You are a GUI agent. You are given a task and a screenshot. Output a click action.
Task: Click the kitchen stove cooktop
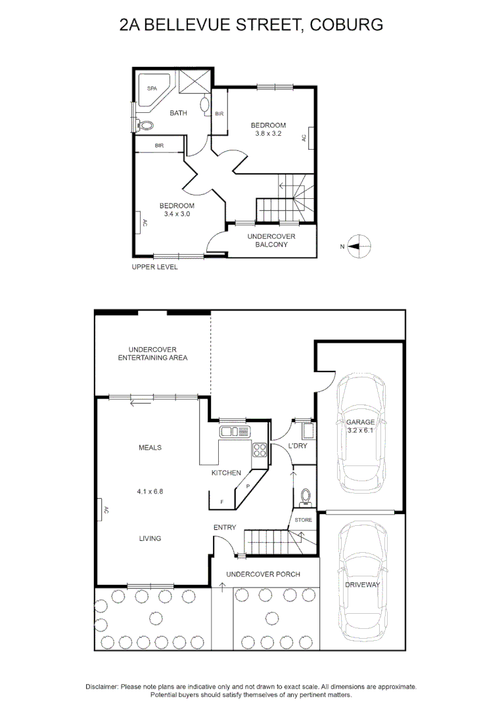tap(260, 450)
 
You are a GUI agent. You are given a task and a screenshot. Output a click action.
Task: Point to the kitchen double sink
tap(235, 431)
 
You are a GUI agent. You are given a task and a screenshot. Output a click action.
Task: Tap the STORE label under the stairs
tap(303, 520)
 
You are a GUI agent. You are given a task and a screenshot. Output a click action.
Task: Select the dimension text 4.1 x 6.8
tap(150, 491)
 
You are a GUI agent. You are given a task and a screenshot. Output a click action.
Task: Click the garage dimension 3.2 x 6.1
tap(361, 431)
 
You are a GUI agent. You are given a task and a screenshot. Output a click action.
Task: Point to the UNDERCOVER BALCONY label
tap(271, 240)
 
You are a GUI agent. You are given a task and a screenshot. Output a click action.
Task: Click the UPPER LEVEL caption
tap(154, 267)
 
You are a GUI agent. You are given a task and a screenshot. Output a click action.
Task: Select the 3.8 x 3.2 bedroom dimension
tap(269, 134)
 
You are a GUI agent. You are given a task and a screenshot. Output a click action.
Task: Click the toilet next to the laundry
tap(305, 498)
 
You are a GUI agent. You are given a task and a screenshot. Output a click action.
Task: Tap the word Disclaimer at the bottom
tap(101, 686)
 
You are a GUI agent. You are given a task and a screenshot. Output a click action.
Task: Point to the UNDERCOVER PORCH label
tap(263, 574)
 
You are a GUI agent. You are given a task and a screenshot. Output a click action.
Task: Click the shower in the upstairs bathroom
tap(195, 81)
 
